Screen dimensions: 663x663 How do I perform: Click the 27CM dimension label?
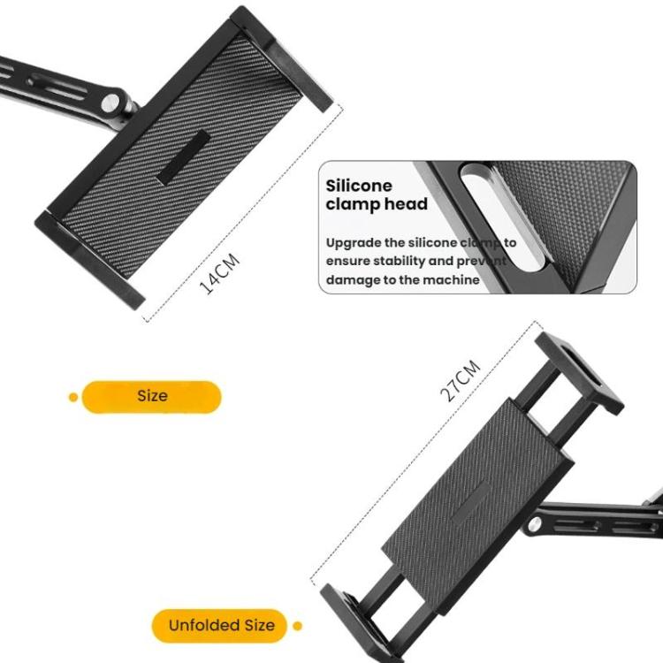coord(461,380)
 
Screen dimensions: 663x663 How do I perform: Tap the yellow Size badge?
coord(151,396)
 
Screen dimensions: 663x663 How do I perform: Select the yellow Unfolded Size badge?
coord(221,626)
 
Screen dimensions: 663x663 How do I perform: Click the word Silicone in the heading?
coord(359,187)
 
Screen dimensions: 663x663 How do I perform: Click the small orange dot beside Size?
coord(73,396)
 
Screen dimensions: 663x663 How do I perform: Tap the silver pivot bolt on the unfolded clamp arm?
coord(536,527)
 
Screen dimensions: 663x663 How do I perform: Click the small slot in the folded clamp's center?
coord(182,157)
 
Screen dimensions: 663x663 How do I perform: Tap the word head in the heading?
coord(409,205)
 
